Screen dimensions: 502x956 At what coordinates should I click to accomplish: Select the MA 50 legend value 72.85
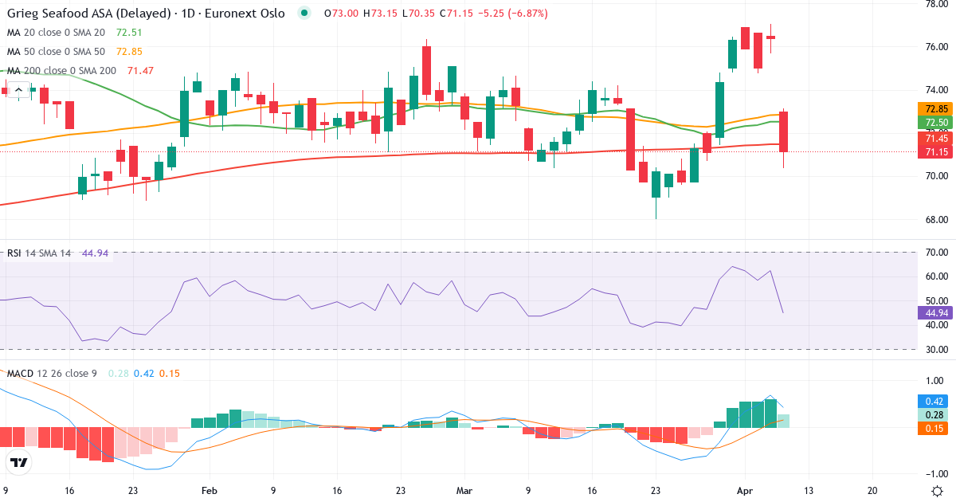pyautogui.click(x=131, y=51)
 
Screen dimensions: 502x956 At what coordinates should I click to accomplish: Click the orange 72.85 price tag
pyautogui.click(x=934, y=109)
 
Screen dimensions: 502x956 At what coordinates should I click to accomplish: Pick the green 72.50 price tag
pyautogui.click(x=934, y=123)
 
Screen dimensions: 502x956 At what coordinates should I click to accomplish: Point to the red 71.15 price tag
pyautogui.click(x=934, y=151)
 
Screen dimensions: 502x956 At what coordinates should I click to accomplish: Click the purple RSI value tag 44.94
pyautogui.click(x=934, y=312)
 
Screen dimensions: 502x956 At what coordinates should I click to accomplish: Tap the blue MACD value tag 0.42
pyautogui.click(x=934, y=402)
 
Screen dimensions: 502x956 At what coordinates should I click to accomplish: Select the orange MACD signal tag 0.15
pyautogui.click(x=934, y=429)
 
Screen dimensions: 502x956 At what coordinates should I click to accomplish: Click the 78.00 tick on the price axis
pyautogui.click(x=934, y=4)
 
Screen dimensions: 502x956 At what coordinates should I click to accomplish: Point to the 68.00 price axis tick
pyautogui.click(x=934, y=219)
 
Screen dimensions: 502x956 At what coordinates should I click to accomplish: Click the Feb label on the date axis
pyautogui.click(x=209, y=491)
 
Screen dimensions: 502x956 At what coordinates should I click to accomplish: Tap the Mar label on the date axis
pyautogui.click(x=464, y=491)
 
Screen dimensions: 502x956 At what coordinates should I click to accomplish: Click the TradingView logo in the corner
pyautogui.click(x=18, y=463)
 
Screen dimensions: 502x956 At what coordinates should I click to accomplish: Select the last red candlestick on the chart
pyautogui.click(x=783, y=131)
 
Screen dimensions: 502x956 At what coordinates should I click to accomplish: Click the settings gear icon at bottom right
pyautogui.click(x=938, y=491)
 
